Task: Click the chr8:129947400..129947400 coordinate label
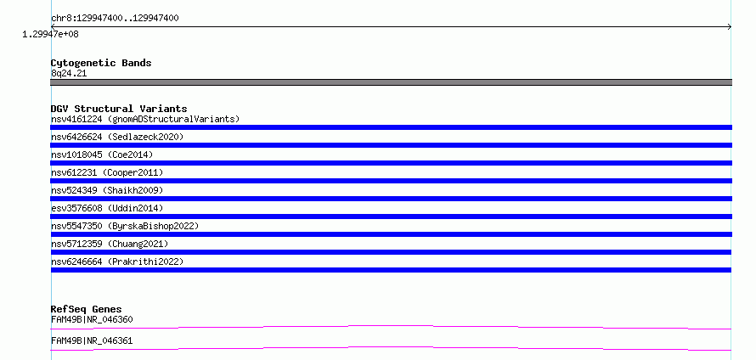click(x=115, y=19)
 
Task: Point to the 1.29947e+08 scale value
click(x=50, y=34)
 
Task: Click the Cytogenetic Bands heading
click(x=101, y=63)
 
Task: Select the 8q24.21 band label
click(x=69, y=74)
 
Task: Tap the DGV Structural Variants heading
click(x=119, y=109)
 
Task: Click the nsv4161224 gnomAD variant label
click(x=145, y=119)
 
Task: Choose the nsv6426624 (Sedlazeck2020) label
click(x=117, y=137)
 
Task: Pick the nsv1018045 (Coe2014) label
click(x=102, y=155)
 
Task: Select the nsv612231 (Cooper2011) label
click(x=107, y=172)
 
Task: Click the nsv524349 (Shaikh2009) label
click(x=107, y=190)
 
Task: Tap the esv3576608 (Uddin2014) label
click(x=107, y=208)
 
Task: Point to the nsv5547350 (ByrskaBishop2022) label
click(x=125, y=226)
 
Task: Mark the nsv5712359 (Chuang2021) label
click(x=110, y=244)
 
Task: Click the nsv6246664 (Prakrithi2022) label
click(x=117, y=262)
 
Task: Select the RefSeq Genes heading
click(x=87, y=309)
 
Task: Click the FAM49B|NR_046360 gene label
click(x=92, y=319)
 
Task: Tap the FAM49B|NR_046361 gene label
click(x=92, y=340)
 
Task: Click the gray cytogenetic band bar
click(x=391, y=82)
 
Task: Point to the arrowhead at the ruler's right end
click(x=730, y=27)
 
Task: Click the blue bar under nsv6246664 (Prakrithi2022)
click(x=391, y=270)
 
